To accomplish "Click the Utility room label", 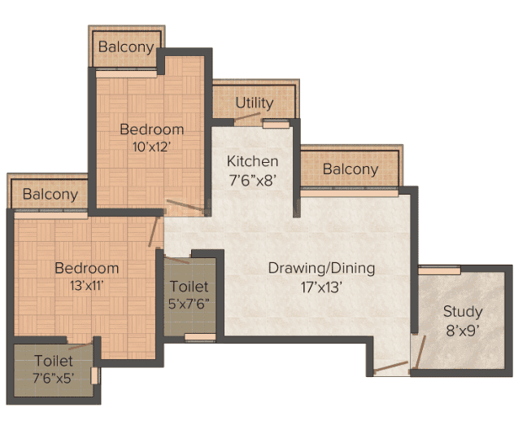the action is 254,103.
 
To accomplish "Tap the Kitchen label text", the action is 252,161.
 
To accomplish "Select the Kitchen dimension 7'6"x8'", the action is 252,181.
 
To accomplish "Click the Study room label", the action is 463,312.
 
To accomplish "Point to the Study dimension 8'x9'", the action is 463,331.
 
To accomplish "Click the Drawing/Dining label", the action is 321,269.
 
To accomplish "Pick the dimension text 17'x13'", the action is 321,287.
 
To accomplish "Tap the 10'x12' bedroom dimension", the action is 152,147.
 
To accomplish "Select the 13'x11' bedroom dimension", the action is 86,286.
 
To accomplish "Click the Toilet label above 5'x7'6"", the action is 189,287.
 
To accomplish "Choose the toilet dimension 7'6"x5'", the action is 54,379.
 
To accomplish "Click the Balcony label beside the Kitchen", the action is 351,169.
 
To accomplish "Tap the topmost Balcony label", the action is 126,47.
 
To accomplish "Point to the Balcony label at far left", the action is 50,195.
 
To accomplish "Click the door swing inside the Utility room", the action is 247,116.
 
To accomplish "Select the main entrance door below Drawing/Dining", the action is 390,366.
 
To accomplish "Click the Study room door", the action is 420,352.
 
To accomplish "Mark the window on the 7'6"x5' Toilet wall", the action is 94,375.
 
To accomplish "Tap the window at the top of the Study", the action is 439,270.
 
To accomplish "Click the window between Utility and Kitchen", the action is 276,124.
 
